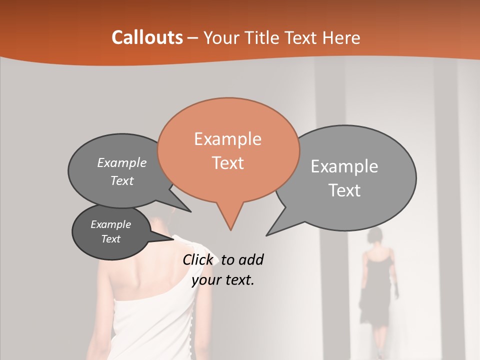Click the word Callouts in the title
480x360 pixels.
pyautogui.click(x=147, y=37)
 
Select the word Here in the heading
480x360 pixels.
pyautogui.click(x=342, y=38)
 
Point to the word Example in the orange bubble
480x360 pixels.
pyautogui.click(x=227, y=139)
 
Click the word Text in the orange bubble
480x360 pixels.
pyautogui.click(x=227, y=163)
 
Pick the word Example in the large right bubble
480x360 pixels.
pyautogui.click(x=344, y=166)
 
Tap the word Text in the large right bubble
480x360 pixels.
pyautogui.click(x=344, y=190)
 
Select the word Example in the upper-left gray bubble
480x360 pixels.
pyautogui.click(x=122, y=162)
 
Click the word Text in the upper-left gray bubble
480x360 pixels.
pyautogui.click(x=122, y=180)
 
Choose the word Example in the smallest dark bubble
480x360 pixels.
pyautogui.click(x=110, y=224)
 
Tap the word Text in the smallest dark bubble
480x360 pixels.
pyautogui.click(x=110, y=239)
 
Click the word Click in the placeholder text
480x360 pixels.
pyautogui.click(x=198, y=260)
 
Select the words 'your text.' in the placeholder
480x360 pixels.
pyautogui.click(x=223, y=280)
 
